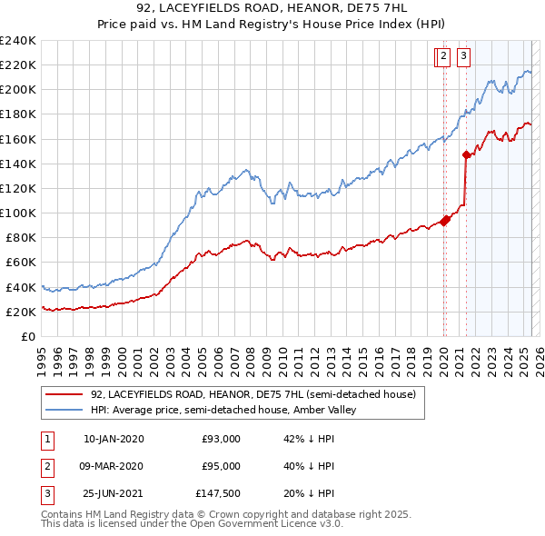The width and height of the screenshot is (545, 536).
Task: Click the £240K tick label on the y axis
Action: tap(18, 41)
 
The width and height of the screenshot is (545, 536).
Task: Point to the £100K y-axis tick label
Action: tap(18, 213)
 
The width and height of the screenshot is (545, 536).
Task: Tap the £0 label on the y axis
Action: tap(28, 336)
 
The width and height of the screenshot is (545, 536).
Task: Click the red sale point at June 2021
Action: tap(466, 154)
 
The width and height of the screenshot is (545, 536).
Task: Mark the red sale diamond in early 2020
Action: tap(446, 220)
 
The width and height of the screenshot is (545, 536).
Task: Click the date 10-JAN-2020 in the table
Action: tap(114, 440)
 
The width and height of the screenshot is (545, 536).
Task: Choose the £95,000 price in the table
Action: tap(221, 466)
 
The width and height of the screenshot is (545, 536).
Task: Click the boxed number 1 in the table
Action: tap(46, 440)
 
